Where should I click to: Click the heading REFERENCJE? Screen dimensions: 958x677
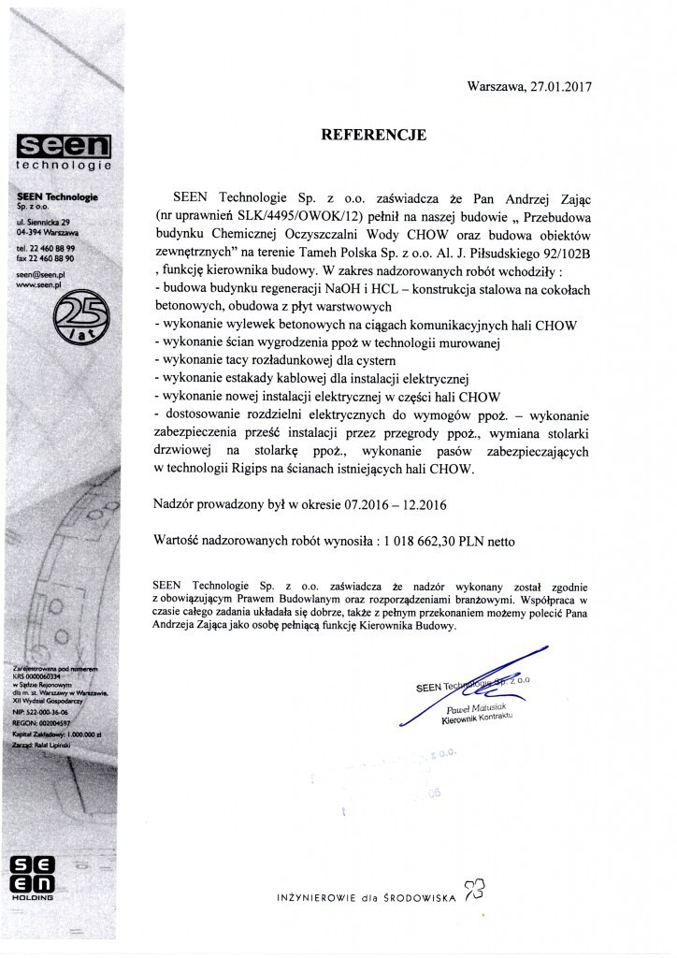(373, 136)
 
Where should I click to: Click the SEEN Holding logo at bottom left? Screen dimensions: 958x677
(30, 874)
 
